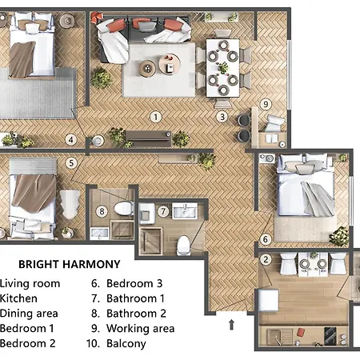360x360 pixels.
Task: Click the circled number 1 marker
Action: coord(156,117)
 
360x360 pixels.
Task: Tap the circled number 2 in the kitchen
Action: coord(266,258)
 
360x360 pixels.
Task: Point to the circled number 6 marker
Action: coord(266,239)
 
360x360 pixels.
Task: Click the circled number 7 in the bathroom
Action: coord(163,212)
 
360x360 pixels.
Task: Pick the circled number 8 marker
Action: coord(102,212)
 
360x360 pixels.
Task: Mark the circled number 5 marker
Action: coord(71,163)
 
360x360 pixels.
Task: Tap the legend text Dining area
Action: coord(29,314)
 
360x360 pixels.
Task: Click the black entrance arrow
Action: coord(232,324)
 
